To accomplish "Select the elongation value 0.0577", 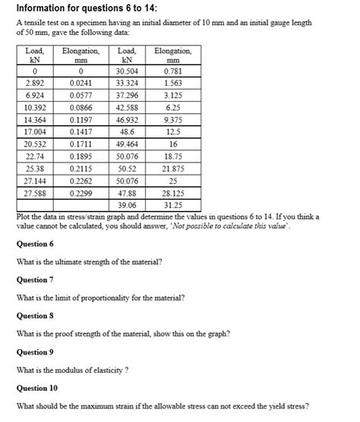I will coord(81,96).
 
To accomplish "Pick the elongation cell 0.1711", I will coord(81,143).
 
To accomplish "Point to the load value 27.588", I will coord(33,194).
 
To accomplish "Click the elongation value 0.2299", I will coord(81,194).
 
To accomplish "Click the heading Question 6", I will coord(35,244).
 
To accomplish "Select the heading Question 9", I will coord(35,351).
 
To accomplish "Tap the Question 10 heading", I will coord(37,387).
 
